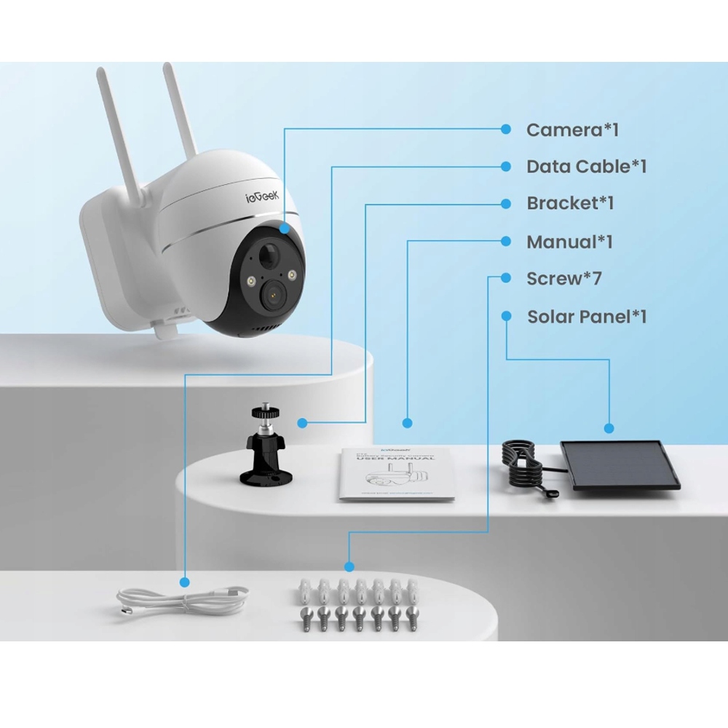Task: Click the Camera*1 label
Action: [572, 130]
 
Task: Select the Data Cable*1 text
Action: [586, 167]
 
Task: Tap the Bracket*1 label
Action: [570, 203]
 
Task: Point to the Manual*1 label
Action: [569, 242]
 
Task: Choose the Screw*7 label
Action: [564, 278]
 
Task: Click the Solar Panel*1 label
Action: [587, 317]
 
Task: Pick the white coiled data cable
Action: [182, 601]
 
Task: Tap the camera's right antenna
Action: [180, 109]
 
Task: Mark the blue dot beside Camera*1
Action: [506, 130]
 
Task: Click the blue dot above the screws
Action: [349, 566]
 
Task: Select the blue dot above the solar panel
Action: [609, 429]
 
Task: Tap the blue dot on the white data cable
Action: [185, 582]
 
